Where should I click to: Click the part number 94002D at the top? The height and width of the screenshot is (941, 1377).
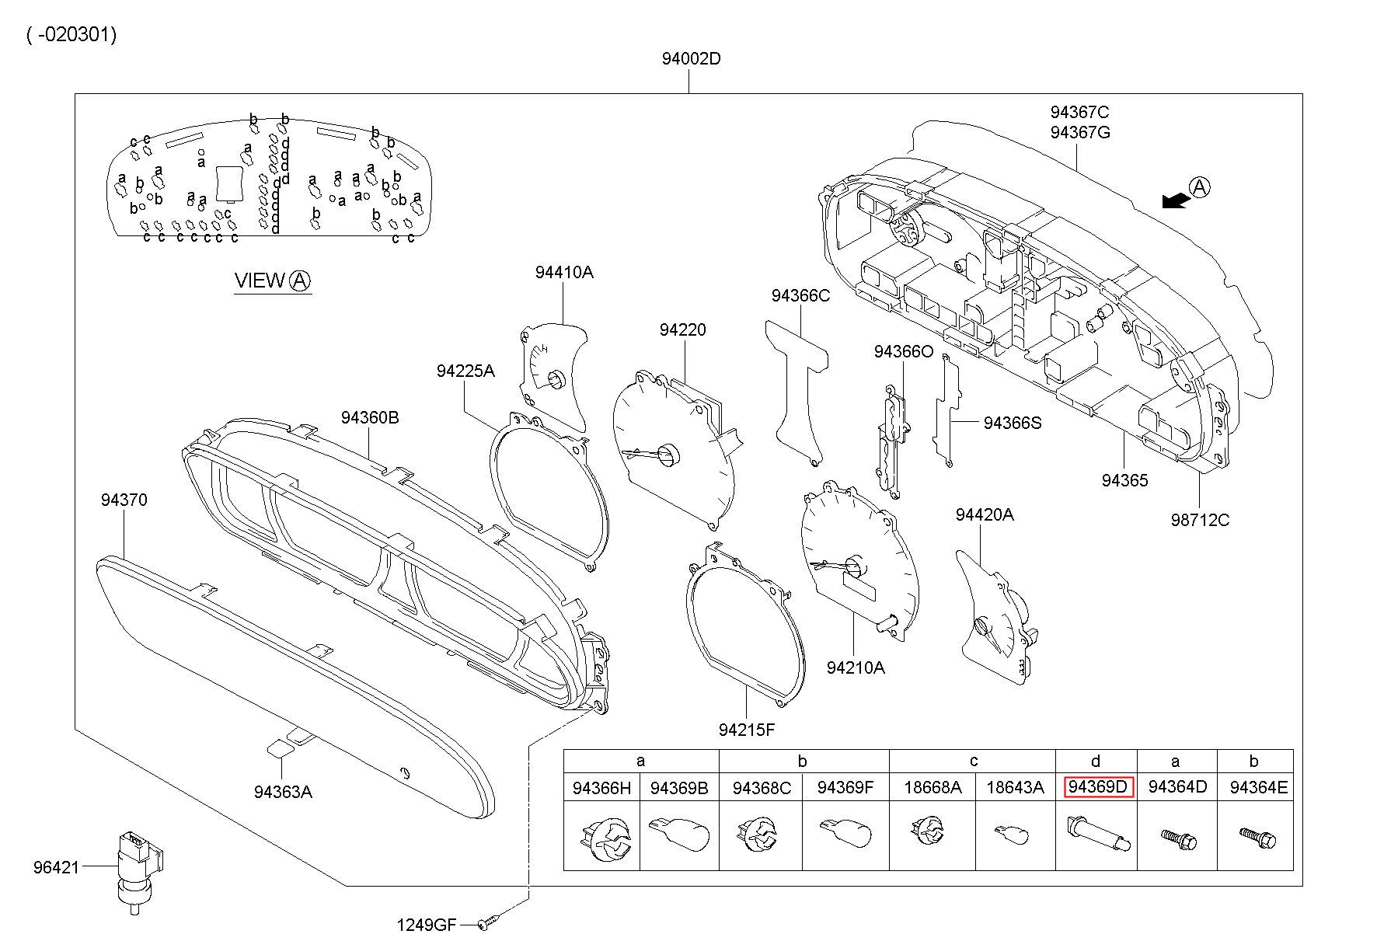691,59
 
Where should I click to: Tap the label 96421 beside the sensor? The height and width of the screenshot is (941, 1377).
56,867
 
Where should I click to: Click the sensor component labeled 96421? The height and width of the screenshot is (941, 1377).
137,866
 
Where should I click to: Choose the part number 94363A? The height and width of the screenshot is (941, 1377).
283,792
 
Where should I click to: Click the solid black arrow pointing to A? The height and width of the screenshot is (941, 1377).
1175,200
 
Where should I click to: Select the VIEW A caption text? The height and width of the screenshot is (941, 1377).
273,281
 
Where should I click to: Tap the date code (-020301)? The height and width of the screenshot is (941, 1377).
71,35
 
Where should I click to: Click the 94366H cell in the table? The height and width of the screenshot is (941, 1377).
601,788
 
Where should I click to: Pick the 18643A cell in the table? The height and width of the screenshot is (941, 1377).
1015,788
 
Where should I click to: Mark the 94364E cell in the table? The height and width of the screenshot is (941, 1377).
1258,788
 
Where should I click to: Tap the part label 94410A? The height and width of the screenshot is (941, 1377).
563,272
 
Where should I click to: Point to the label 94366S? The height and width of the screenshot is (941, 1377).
1013,423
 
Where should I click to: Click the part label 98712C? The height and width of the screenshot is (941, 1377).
1200,520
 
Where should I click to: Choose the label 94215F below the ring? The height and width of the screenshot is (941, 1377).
747,730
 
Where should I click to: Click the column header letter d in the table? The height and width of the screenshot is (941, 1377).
1096,762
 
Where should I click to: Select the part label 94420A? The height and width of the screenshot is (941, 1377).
985,514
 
